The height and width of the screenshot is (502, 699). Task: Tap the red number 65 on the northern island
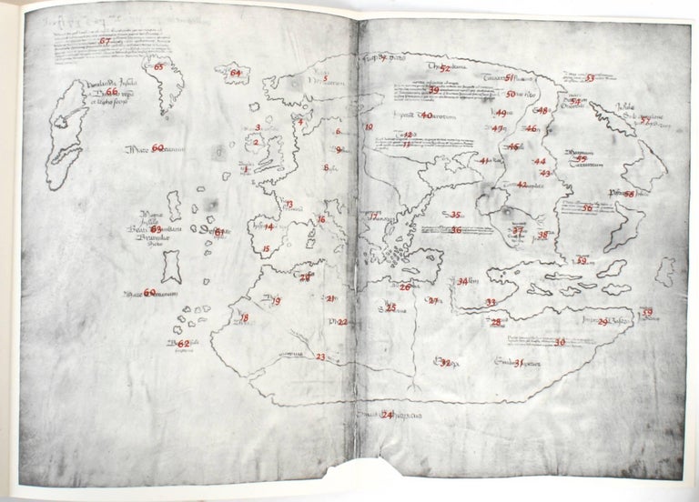pyautogui.click(x=160, y=66)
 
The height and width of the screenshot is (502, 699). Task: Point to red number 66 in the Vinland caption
pyautogui.click(x=111, y=91)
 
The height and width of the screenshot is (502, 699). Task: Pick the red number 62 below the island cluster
pyautogui.click(x=182, y=344)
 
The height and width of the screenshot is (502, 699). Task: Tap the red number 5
pyautogui.click(x=325, y=79)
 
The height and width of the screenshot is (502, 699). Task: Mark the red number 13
pyautogui.click(x=289, y=205)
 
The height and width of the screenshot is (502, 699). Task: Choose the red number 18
pyautogui.click(x=245, y=317)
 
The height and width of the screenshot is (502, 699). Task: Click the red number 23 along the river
pyautogui.click(x=320, y=357)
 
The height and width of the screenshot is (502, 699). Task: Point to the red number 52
pyautogui.click(x=445, y=66)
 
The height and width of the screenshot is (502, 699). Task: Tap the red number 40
pyautogui.click(x=425, y=115)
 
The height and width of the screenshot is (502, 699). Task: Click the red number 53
pyautogui.click(x=590, y=78)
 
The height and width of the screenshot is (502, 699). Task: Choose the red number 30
pyautogui.click(x=560, y=342)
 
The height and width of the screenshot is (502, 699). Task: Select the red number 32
pyautogui.click(x=445, y=366)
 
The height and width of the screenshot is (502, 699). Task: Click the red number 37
pyautogui.click(x=517, y=231)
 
